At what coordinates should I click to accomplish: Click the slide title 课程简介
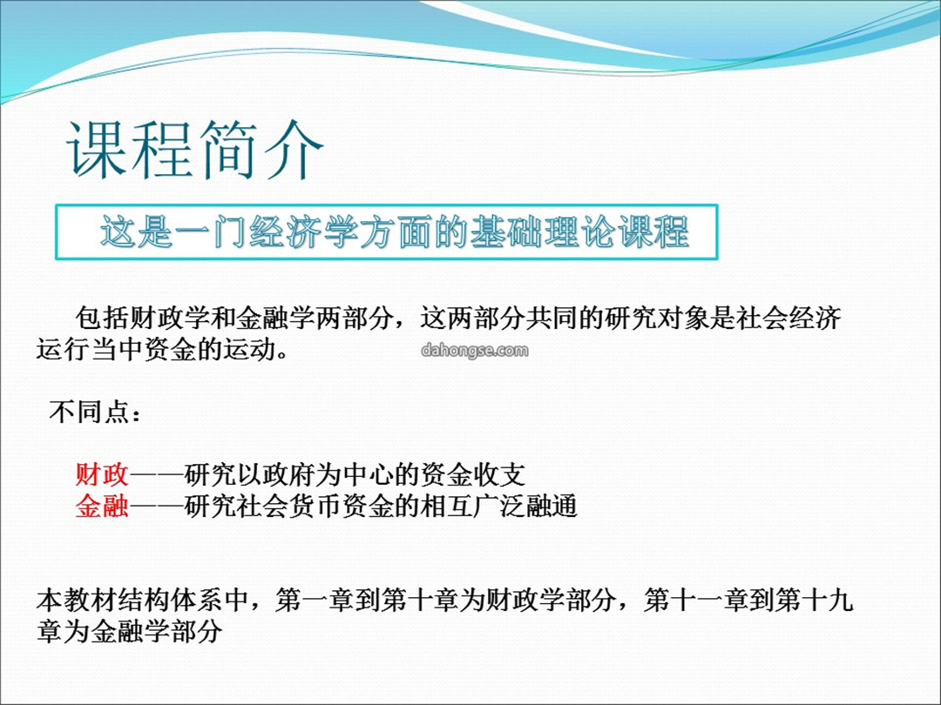click(x=196, y=150)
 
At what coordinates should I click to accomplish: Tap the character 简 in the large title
click(x=228, y=150)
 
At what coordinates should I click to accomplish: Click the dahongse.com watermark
click(x=475, y=350)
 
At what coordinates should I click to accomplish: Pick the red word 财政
click(x=102, y=475)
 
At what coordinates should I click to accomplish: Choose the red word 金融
click(x=102, y=506)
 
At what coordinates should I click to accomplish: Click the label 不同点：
click(x=96, y=413)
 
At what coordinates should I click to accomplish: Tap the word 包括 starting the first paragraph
click(x=102, y=319)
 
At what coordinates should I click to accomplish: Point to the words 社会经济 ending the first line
click(x=789, y=319)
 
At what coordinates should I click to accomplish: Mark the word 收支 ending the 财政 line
click(x=499, y=475)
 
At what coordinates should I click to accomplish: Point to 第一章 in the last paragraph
click(x=315, y=600)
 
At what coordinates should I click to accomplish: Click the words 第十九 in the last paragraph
click(x=815, y=600)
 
